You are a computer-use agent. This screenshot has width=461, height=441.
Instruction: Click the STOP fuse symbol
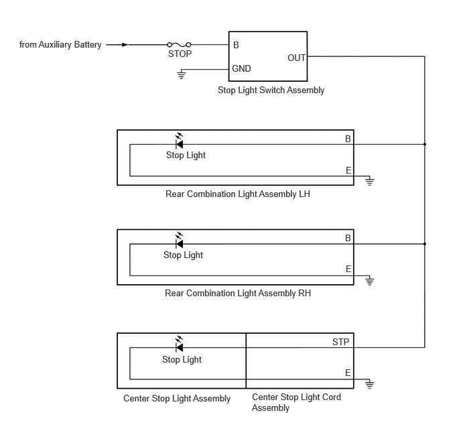pyautogui.click(x=179, y=45)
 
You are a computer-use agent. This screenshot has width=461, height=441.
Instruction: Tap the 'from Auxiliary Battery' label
pyautogui.click(x=60, y=45)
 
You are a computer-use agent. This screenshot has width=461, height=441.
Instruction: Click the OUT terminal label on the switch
pyautogui.click(x=296, y=58)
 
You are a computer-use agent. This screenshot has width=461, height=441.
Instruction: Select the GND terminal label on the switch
pyautogui.click(x=241, y=68)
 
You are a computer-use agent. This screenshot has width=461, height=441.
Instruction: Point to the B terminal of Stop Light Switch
pyautogui.click(x=236, y=45)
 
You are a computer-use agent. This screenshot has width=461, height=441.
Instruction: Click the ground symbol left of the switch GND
pyautogui.click(x=182, y=74)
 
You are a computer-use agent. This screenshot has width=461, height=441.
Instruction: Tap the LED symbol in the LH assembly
pyautogui.click(x=179, y=141)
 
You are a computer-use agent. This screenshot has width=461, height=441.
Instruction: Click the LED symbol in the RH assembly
pyautogui.click(x=179, y=241)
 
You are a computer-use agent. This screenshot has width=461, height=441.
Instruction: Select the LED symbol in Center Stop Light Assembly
pyautogui.click(x=179, y=345)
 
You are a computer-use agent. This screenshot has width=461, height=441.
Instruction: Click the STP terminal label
pyautogui.click(x=340, y=342)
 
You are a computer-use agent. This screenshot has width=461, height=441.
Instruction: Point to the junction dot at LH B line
pyautogui.click(x=425, y=144)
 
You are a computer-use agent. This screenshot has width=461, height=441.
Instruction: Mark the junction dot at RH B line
pyautogui.click(x=425, y=244)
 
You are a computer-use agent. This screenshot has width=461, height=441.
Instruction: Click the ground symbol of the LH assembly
pyautogui.click(x=370, y=181)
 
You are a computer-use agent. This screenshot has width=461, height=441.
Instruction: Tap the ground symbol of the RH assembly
pyautogui.click(x=370, y=280)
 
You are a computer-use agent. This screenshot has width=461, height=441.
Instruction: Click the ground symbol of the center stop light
pyautogui.click(x=370, y=384)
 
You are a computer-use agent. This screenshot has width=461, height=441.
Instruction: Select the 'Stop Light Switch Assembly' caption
pyautogui.click(x=271, y=90)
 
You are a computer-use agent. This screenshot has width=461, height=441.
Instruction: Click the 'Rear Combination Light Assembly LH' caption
pyautogui.click(x=238, y=194)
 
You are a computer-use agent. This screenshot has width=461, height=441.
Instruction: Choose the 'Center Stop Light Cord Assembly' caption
pyautogui.click(x=296, y=402)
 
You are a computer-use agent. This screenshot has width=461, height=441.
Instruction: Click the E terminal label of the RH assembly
pyautogui.click(x=348, y=269)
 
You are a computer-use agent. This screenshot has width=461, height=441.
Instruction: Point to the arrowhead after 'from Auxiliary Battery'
pyautogui.click(x=125, y=45)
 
